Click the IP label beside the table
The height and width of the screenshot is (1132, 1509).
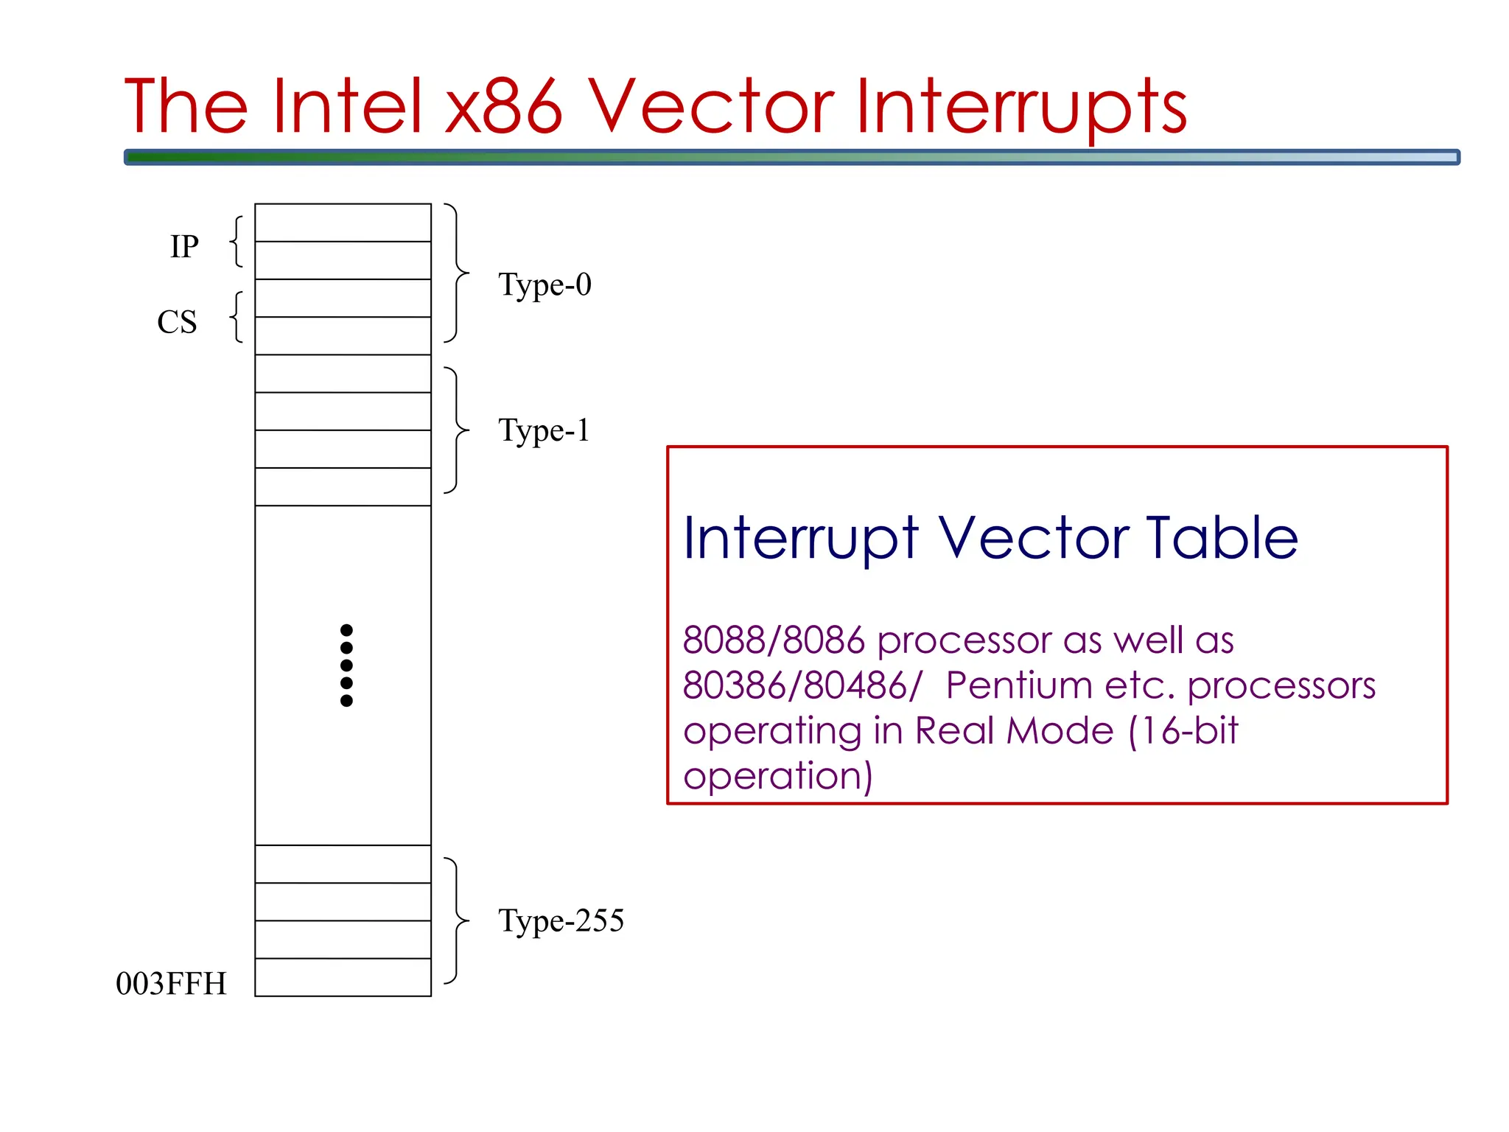point(184,246)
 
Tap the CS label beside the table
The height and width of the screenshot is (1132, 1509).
point(178,322)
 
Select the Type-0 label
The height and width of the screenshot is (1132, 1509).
point(545,284)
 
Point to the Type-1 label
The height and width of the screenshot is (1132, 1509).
point(544,430)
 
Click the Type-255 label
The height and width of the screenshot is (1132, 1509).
point(561,920)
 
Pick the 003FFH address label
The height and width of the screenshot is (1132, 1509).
point(171,984)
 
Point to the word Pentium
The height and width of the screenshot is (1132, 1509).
point(1018,685)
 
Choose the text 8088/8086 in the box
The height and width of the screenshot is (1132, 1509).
point(773,640)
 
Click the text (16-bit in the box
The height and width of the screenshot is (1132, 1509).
point(1183,730)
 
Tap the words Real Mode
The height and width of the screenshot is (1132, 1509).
point(1014,730)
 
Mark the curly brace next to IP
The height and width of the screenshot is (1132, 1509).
point(237,241)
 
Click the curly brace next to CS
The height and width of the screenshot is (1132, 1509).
point(237,317)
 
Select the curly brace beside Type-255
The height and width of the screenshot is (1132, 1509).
point(457,920)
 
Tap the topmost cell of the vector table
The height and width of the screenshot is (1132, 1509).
point(343,223)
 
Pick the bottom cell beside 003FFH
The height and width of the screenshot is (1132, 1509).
point(343,977)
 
